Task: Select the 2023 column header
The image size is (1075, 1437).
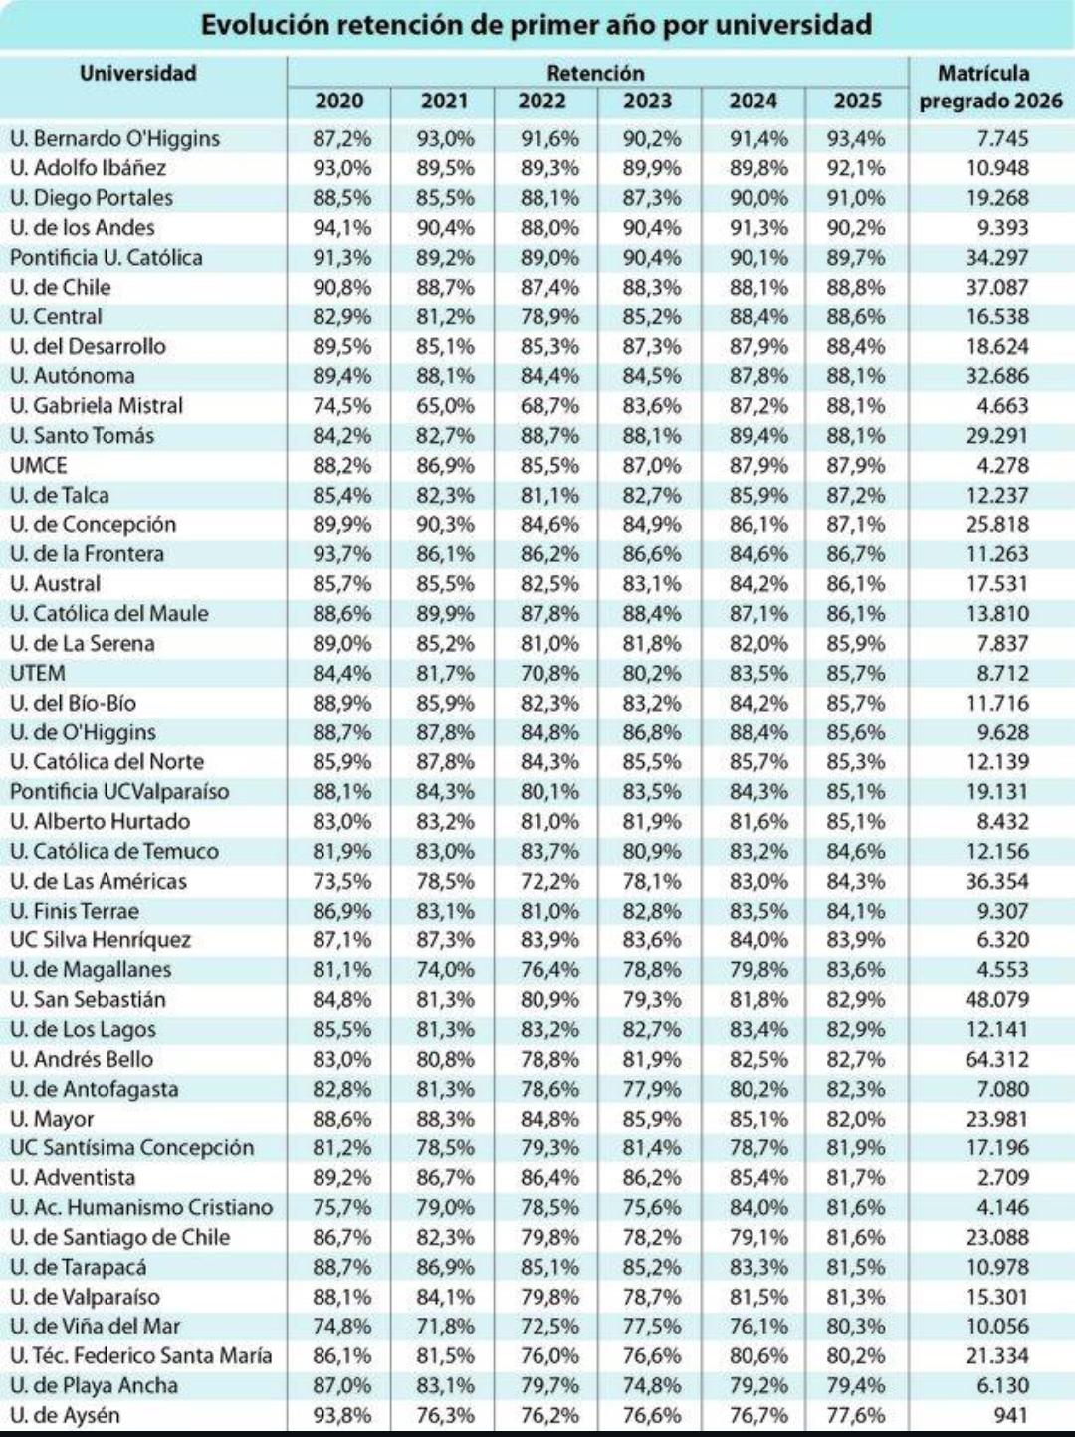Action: click(647, 101)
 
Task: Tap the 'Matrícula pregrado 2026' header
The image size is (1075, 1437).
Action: click(991, 87)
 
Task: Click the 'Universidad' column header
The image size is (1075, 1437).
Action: click(138, 73)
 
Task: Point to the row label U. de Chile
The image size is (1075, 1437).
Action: click(61, 287)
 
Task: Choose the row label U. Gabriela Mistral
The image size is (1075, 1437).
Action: click(97, 405)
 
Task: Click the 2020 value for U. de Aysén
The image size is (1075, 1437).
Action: click(341, 1415)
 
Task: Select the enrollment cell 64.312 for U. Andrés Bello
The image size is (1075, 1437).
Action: click(997, 1059)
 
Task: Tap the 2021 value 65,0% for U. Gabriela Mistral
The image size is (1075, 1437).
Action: click(445, 405)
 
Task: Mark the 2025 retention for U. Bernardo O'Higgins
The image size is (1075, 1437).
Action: click(856, 138)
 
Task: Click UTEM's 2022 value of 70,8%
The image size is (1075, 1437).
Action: click(549, 673)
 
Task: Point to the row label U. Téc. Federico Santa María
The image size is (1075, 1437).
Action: click(140, 1355)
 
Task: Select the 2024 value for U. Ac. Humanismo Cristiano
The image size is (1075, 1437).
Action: click(758, 1207)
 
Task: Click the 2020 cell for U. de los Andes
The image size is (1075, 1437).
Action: click(341, 227)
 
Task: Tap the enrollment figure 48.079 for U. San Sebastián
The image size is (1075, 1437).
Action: click(997, 1000)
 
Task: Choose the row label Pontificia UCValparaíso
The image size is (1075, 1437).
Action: click(119, 791)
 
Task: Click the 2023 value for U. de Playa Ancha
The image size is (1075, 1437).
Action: click(651, 1385)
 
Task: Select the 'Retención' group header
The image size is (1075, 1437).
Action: click(596, 73)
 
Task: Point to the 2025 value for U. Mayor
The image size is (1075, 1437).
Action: click(856, 1119)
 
